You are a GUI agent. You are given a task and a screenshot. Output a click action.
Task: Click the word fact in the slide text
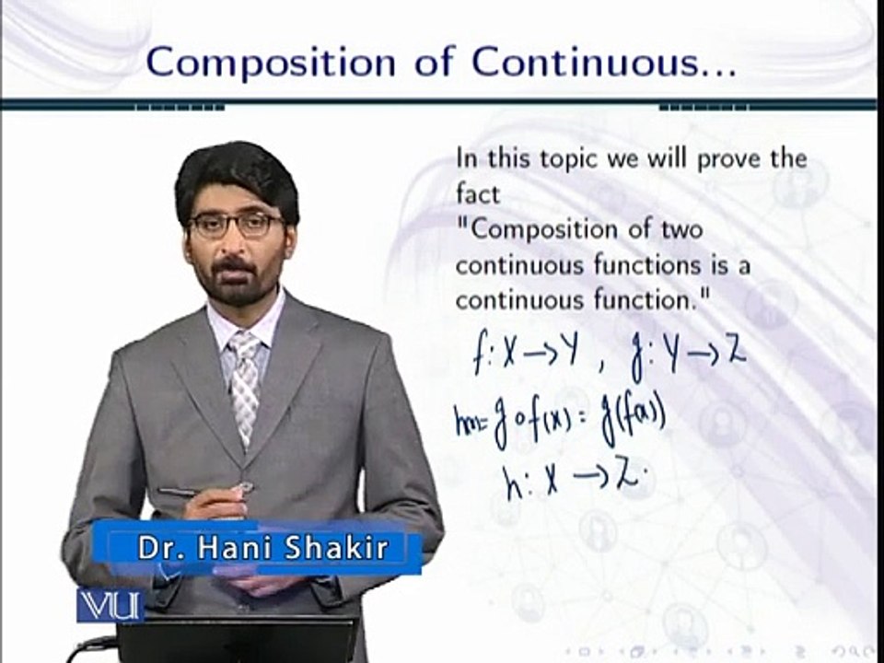[x=478, y=193]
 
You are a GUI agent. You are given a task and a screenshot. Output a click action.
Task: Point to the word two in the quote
[x=674, y=229]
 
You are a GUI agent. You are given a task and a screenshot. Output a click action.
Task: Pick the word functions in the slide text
[x=645, y=265]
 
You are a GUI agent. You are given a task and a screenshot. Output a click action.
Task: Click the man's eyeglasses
[x=236, y=224]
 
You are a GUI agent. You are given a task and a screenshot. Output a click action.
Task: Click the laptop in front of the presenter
[x=239, y=639]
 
